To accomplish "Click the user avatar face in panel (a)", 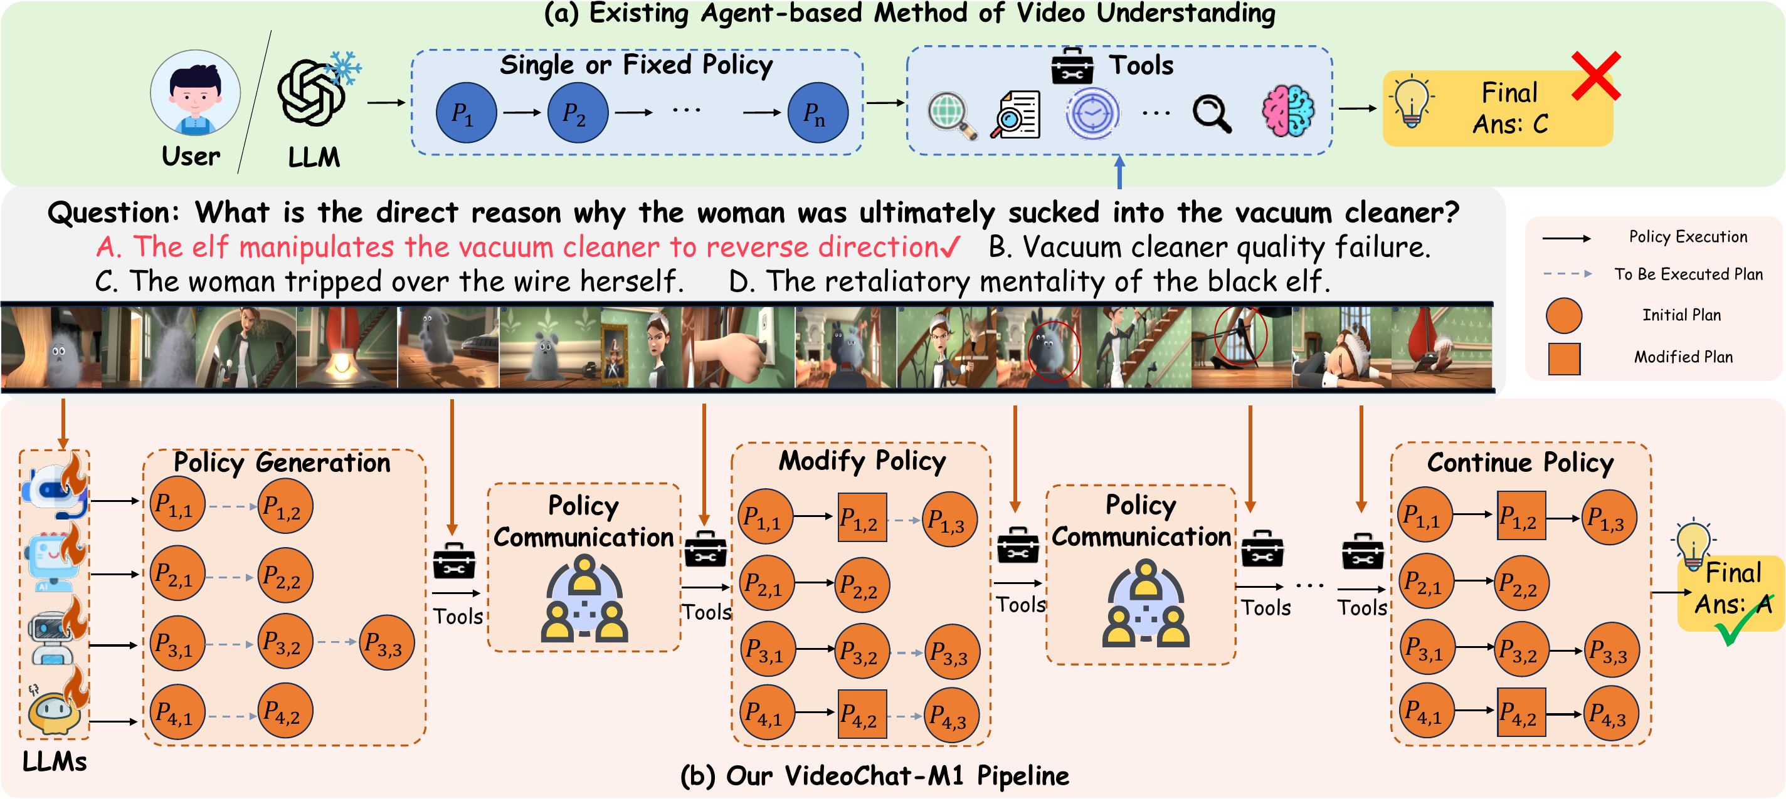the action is click(195, 93).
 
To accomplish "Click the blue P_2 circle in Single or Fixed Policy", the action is click(578, 113).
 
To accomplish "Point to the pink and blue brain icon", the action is click(1287, 111).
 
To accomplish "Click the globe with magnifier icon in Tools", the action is click(952, 114).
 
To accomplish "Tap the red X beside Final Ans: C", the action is click(1595, 76).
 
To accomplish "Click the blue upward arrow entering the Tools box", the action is click(1119, 172).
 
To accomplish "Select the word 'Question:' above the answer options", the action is click(114, 212).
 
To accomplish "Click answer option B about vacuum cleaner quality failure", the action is click(1209, 248).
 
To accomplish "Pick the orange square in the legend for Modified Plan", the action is click(1564, 359).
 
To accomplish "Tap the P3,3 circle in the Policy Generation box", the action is click(387, 642).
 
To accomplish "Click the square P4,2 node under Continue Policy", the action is click(1521, 713).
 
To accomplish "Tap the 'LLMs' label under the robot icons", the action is click(55, 761).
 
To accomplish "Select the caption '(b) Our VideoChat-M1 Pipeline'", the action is click(874, 776).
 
